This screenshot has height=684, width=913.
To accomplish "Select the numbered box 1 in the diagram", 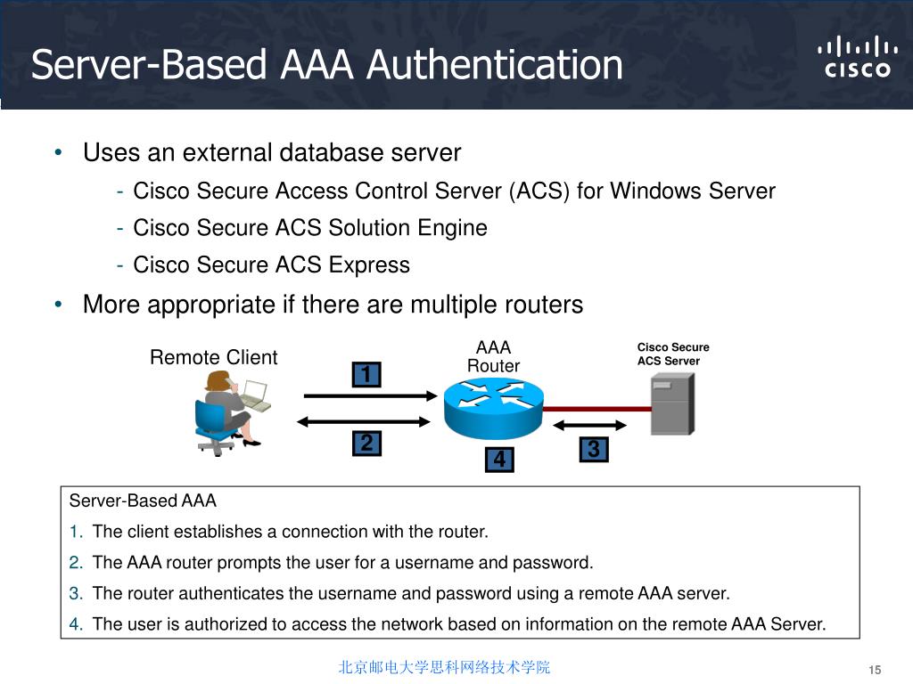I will [365, 375].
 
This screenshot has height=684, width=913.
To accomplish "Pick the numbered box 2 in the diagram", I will [366, 443].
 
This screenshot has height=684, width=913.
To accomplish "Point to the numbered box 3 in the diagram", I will [594, 451].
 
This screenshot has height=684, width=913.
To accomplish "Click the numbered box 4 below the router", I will [499, 460].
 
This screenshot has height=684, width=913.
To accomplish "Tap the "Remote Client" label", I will [213, 357].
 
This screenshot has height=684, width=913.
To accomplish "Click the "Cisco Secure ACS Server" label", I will [672, 354].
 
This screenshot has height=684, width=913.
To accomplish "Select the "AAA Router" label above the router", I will [493, 356].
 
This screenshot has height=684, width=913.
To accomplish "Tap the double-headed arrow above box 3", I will [593, 425].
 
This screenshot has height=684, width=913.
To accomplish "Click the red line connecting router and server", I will [596, 409].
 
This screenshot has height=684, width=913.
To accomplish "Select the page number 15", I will [874, 670].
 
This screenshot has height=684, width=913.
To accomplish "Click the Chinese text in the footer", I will [444, 667].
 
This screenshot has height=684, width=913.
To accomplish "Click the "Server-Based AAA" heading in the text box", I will [143, 501].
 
